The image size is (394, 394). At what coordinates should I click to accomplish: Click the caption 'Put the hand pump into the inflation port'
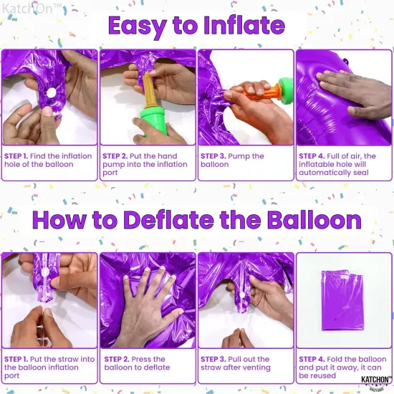(x=146, y=164)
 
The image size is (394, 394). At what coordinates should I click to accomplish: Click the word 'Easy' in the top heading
(x=140, y=26)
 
